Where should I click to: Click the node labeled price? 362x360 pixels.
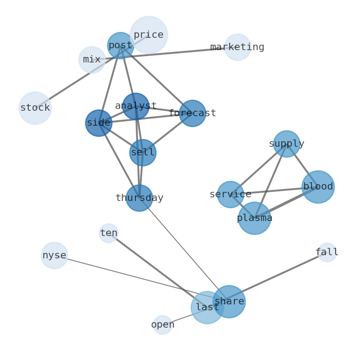149,35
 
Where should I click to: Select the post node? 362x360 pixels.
120,46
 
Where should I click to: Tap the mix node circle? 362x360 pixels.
92,60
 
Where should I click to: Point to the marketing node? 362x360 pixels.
237,47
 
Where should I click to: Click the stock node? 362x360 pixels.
35,108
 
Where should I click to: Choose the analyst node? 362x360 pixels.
135,106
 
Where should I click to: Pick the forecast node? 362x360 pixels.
192,113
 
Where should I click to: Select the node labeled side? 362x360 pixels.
98,123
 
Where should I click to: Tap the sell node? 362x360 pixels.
143,153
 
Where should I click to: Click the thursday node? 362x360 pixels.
139,198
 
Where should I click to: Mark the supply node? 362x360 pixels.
286,144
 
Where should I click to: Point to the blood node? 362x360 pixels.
318,187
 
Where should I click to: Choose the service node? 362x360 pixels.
230,194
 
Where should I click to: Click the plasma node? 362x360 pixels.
254,218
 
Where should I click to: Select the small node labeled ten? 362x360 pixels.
109,233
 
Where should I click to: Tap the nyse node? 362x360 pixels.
54,255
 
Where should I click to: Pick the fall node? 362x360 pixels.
326,252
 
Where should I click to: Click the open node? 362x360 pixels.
162,325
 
